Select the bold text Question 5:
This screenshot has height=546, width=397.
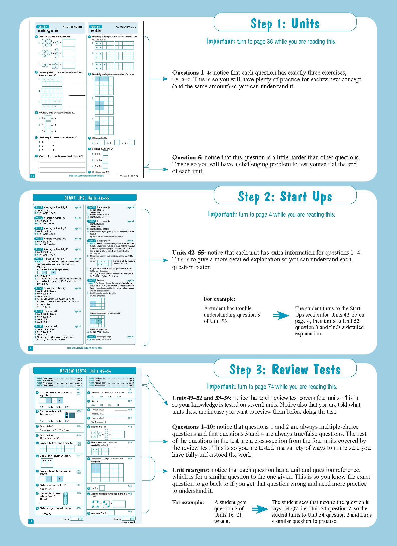pos(187,157)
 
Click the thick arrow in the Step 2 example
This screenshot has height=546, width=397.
pos(281,316)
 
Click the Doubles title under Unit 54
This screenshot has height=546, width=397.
pos(96,31)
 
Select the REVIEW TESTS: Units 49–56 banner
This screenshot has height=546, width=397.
pos(85,371)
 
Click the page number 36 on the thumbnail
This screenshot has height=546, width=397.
pos(32,176)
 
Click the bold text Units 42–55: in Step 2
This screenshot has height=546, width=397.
pos(189,253)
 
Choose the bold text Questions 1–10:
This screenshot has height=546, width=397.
pos(193,427)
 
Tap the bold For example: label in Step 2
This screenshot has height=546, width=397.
pos(220,299)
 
